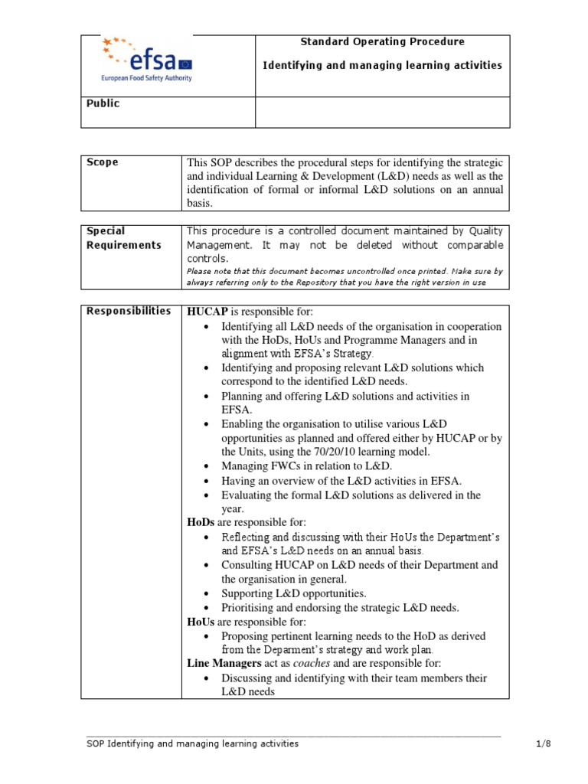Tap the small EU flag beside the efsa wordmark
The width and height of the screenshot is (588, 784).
coord(185,64)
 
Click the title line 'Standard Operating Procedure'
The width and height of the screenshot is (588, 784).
coord(382,42)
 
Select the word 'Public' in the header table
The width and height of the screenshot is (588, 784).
coord(103,103)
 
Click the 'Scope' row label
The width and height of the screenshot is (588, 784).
coord(103,162)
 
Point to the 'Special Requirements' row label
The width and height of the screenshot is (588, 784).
coord(124,238)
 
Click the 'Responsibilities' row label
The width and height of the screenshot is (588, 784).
coord(129,310)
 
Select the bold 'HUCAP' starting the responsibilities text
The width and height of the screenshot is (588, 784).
coord(204,311)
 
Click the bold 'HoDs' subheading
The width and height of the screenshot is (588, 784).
coord(201,522)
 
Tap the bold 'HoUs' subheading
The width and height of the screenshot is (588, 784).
coord(201,622)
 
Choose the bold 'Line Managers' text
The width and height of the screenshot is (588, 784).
coord(224,664)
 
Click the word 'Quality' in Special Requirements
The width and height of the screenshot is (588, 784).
coord(485,230)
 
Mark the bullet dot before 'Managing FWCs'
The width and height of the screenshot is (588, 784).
coord(208,466)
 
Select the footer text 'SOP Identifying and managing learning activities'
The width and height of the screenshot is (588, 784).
coord(192,743)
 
